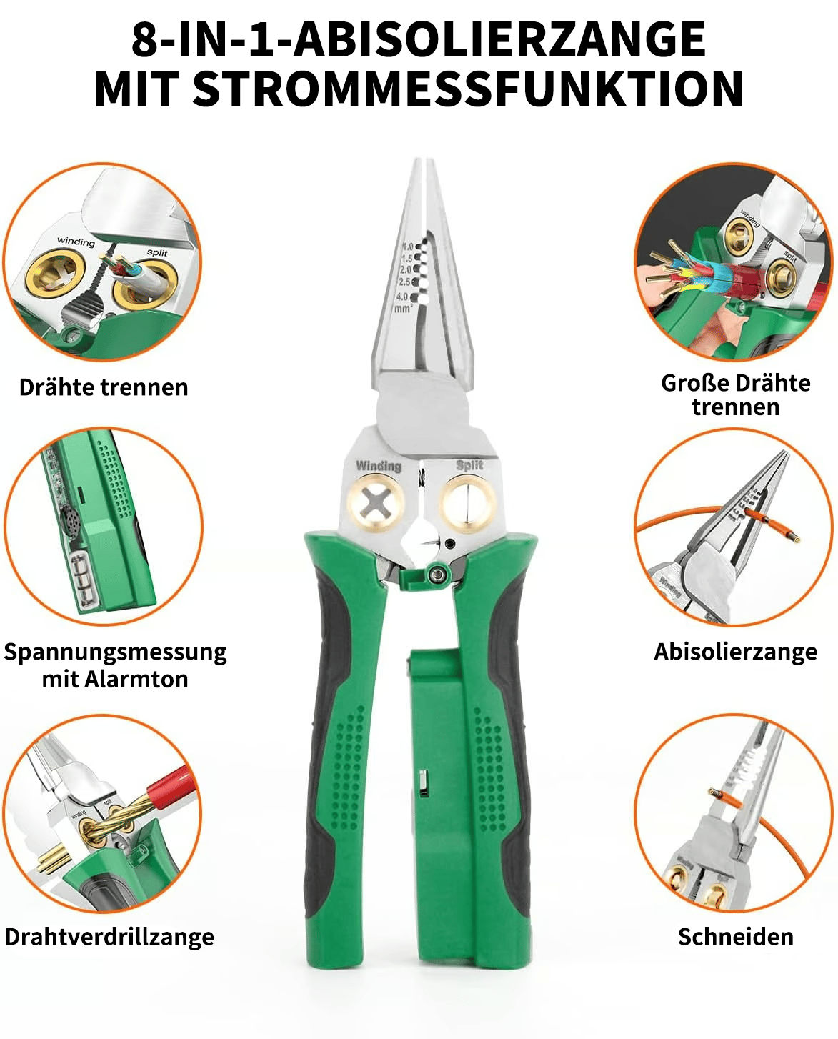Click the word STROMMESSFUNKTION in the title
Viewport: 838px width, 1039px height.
pos(468,89)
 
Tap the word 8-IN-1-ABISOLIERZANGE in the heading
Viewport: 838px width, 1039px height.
pos(419,39)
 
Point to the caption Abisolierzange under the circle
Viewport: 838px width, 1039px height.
pos(736,652)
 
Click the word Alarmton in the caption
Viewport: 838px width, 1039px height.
pos(136,680)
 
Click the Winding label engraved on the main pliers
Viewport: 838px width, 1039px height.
pos(379,466)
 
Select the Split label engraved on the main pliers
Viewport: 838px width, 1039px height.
pos(469,465)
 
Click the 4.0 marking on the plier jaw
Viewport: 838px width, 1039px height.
pos(401,297)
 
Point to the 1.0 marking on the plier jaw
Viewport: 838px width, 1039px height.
pos(408,247)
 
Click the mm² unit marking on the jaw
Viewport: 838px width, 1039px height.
pos(404,307)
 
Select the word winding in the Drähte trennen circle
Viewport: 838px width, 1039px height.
pos(76,241)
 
